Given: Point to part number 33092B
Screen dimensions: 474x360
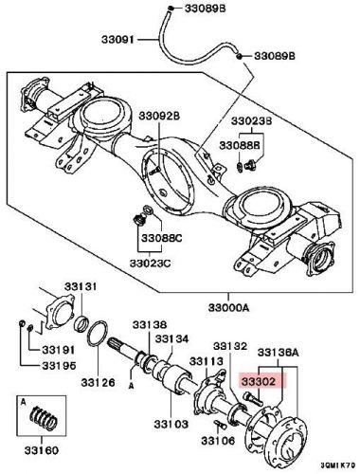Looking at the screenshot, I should [162, 116].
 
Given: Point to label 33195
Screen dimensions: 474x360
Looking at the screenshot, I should [58, 364].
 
